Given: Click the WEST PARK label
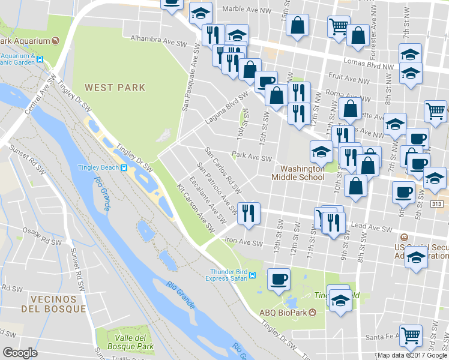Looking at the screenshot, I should [115, 88].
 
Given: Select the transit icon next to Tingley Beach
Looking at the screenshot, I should [124, 167].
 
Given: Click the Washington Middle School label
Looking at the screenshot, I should [298, 173].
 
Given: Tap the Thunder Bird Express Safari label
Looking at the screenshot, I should [229, 275].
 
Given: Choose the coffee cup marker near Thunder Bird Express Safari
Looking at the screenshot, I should [279, 279].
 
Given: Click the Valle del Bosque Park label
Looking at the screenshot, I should [130, 342].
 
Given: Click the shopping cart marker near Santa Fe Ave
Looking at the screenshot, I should [410, 336].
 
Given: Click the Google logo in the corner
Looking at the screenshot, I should [20, 353].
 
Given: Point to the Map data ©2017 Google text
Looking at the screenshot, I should [412, 355].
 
